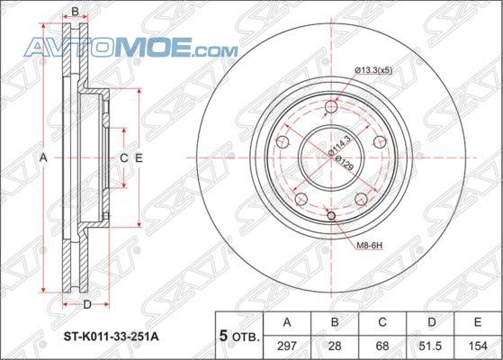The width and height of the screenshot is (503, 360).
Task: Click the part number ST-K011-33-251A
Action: (111, 337)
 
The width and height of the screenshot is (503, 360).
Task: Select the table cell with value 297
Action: (287, 346)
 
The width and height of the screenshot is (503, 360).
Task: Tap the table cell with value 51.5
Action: (431, 346)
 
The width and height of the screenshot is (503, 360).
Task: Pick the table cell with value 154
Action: (479, 346)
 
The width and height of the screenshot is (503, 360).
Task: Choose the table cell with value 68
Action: (382, 346)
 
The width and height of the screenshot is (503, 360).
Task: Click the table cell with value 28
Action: (335, 346)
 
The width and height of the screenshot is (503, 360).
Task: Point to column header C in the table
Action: (382, 322)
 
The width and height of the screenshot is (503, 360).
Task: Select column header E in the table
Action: (479, 322)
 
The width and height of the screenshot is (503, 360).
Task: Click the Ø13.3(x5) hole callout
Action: (373, 70)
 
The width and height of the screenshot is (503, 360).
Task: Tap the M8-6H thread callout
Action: (370, 246)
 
